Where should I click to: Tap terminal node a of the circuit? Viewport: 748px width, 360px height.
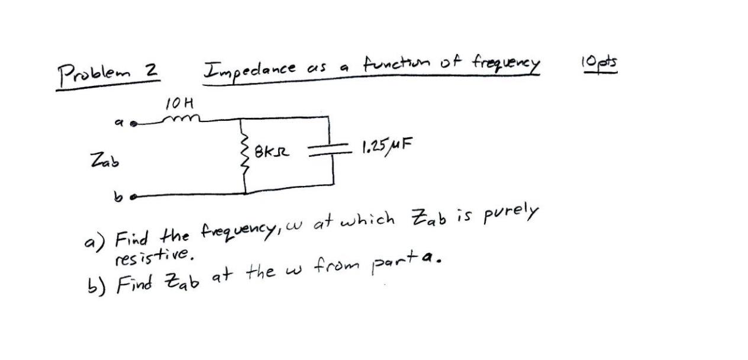tap(134, 124)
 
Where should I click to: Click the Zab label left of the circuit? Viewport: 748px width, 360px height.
tap(104, 159)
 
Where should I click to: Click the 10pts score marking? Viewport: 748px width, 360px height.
tap(599, 63)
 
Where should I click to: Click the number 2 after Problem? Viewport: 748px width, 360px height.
tap(151, 70)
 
